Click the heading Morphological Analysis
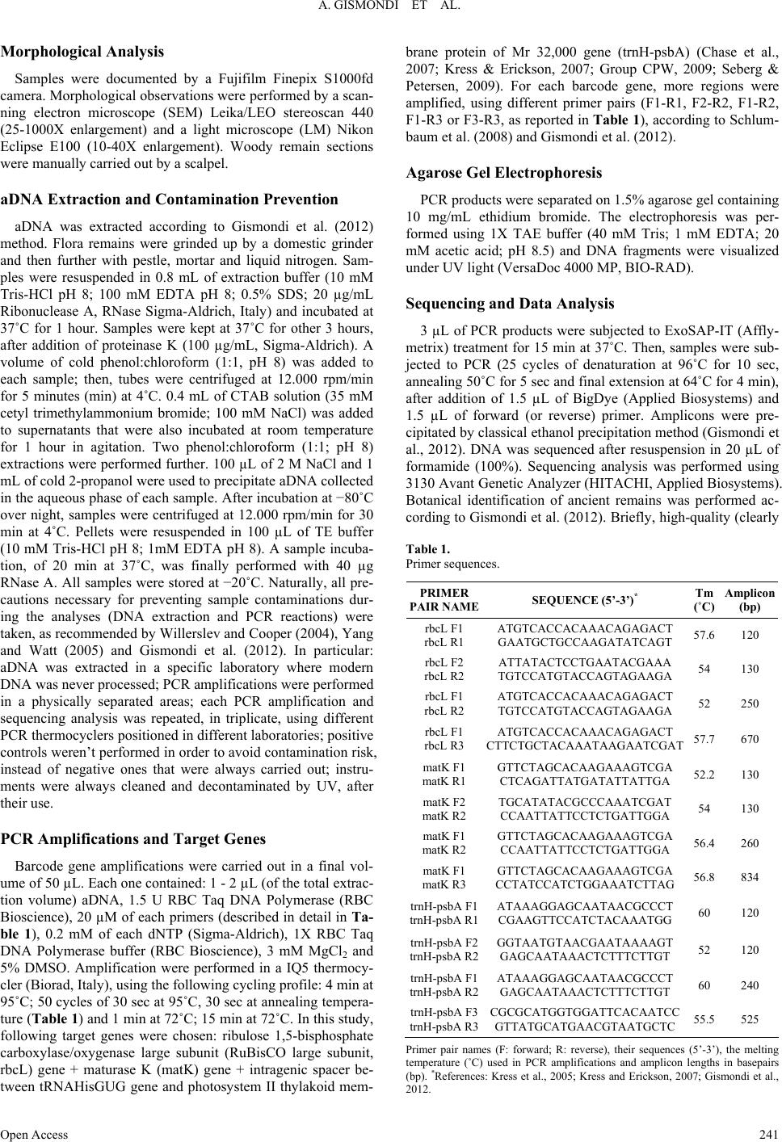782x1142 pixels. pyautogui.click(x=83, y=52)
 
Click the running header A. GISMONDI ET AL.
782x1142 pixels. pyautogui.click(x=391, y=9)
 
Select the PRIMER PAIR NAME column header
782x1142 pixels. pyautogui.click(x=444, y=599)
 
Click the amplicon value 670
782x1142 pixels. pyautogui.click(x=750, y=738)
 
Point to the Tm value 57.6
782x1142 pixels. pyautogui.click(x=704, y=635)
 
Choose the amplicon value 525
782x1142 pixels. pyautogui.click(x=750, y=1020)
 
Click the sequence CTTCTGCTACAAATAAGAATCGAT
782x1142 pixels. pyautogui.click(x=585, y=745)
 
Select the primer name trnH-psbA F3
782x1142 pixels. pyautogui.click(x=444, y=1012)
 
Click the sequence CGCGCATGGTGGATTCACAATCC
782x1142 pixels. pyautogui.click(x=585, y=1012)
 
